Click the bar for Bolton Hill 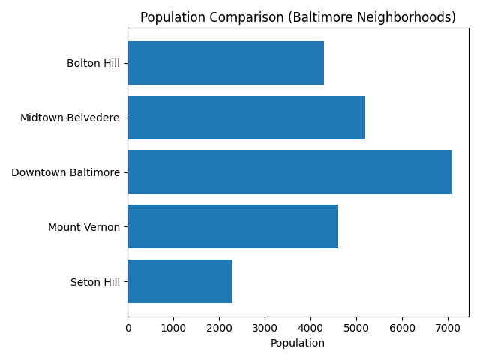point(225,63)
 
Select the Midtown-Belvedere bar point(246,118)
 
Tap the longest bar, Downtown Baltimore point(289,172)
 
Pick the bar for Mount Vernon point(232,226)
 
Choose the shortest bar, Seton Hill point(180,281)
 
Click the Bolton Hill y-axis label point(93,63)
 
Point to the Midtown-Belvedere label point(70,118)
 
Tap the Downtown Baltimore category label point(65,172)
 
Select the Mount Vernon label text point(84,227)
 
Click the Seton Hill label point(95,282)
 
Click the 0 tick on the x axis point(127,328)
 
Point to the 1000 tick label point(173,328)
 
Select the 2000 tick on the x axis point(219,328)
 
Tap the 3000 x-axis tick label point(265,328)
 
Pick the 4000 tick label point(310,328)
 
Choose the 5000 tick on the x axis point(356,328)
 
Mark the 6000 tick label point(402,328)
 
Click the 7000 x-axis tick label point(448,328)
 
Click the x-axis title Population point(298,343)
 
